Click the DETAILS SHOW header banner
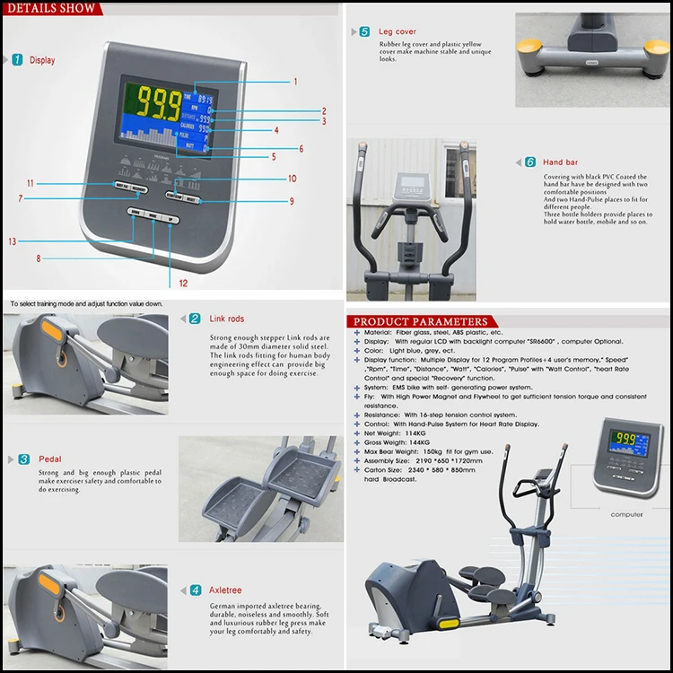(x=51, y=9)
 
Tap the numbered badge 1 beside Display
(x=18, y=60)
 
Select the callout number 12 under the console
(x=183, y=283)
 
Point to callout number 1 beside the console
(x=294, y=82)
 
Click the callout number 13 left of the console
(x=12, y=241)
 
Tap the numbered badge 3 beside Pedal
(x=23, y=459)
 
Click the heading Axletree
(x=226, y=590)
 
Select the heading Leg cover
(x=398, y=31)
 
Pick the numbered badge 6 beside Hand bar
(x=530, y=162)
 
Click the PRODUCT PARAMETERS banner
(x=421, y=322)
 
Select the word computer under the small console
(x=626, y=514)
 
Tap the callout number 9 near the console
(x=291, y=201)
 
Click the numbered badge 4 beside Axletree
(x=195, y=590)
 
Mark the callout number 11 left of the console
(x=30, y=183)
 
